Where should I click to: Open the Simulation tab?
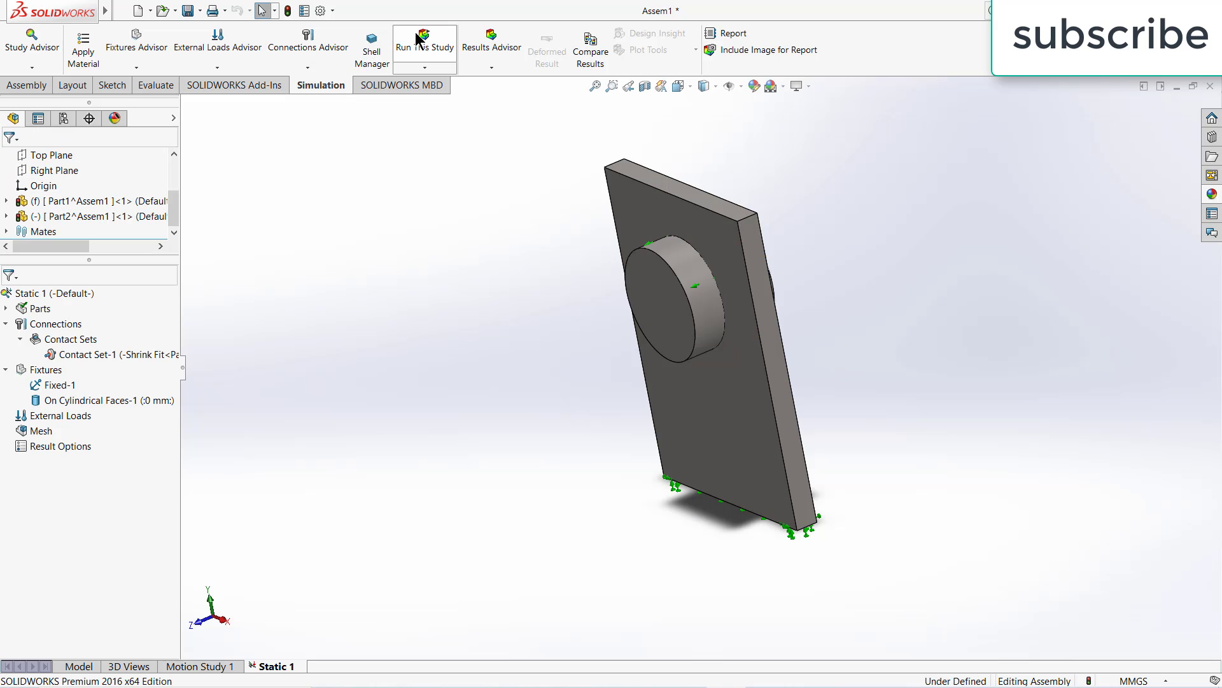320,85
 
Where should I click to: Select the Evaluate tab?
155,85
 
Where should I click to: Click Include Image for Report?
768,50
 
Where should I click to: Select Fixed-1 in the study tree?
60,385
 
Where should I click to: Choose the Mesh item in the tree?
41,431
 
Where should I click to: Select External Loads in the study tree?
60,415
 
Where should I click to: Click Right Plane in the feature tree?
54,170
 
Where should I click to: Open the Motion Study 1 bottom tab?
200,666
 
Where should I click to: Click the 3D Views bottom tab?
129,666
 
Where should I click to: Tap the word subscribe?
1110,35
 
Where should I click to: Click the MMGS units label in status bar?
1133,681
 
